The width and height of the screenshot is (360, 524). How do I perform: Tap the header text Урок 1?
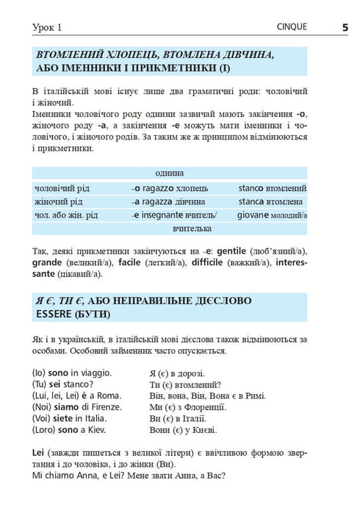point(48,28)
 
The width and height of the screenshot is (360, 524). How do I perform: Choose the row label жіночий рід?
point(60,201)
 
